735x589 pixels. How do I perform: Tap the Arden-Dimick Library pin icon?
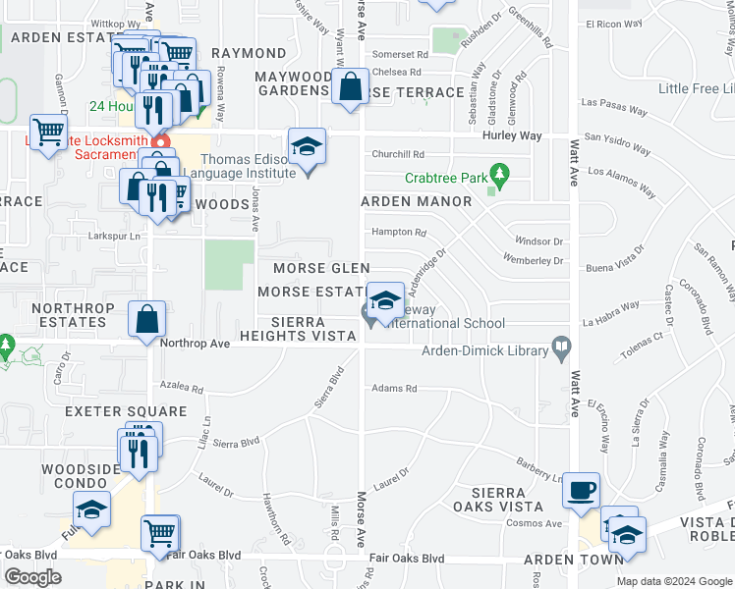click(x=561, y=346)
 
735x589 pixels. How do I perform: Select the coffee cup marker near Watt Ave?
click(x=581, y=490)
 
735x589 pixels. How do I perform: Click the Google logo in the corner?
click(x=32, y=577)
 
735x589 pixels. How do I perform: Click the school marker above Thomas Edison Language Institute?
click(x=307, y=147)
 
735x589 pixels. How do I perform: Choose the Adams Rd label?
click(x=394, y=389)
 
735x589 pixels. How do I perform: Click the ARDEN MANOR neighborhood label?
click(x=416, y=201)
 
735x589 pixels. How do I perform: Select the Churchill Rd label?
click(x=398, y=154)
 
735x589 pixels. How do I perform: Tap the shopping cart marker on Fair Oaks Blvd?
click(x=160, y=534)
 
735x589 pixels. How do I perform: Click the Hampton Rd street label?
click(x=398, y=233)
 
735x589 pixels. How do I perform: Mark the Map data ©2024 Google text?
click(x=674, y=581)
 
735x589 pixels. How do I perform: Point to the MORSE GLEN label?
click(x=321, y=268)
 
